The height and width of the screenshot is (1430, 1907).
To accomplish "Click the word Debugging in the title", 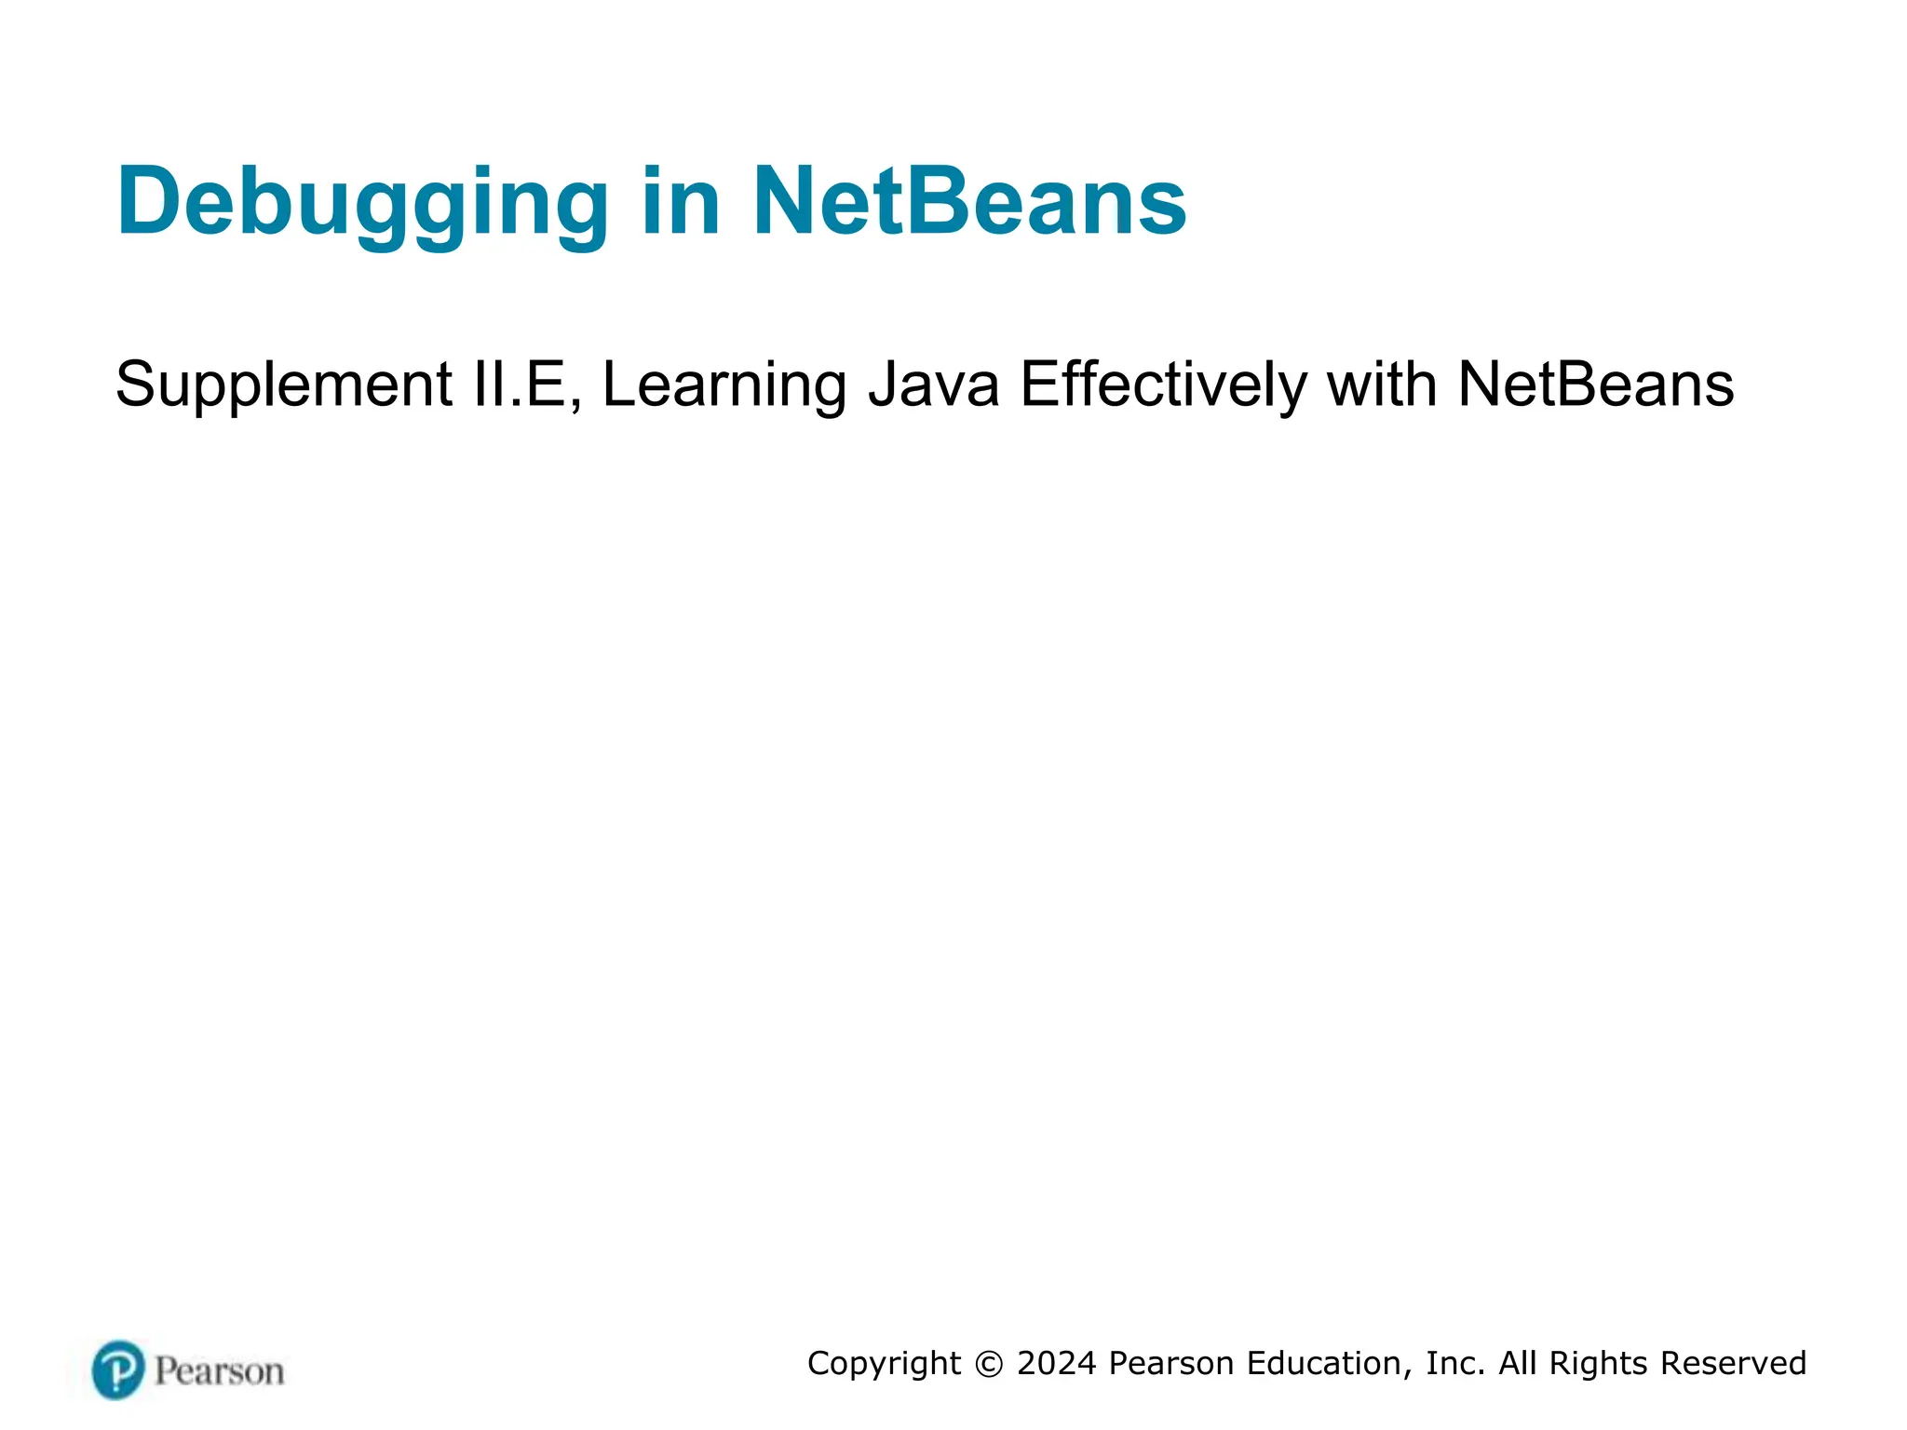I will pos(362,203).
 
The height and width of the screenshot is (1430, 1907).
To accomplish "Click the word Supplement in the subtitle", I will pos(283,385).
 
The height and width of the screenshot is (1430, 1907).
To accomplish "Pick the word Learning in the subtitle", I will pos(724,385).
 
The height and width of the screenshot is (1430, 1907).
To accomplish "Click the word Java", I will pos(934,384).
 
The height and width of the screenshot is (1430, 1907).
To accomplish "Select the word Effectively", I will pos(1164,384).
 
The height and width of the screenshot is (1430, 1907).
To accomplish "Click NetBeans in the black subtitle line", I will pos(1595,384).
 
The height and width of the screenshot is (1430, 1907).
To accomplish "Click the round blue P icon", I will pos(118,1369).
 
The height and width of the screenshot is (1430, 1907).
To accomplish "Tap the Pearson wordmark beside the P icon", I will pos(220,1371).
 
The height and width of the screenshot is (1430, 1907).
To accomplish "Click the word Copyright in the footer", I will pos(884,1364).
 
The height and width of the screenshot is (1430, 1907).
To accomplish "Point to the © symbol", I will pos(989,1364).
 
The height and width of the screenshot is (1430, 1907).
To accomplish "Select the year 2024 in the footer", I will pos(1057,1364).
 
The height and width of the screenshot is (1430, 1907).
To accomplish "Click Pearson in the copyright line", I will pos(1172,1364).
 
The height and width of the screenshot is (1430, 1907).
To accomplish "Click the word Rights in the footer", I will pos(1599,1364).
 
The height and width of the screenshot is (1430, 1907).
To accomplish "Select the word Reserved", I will pos(1733,1364).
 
